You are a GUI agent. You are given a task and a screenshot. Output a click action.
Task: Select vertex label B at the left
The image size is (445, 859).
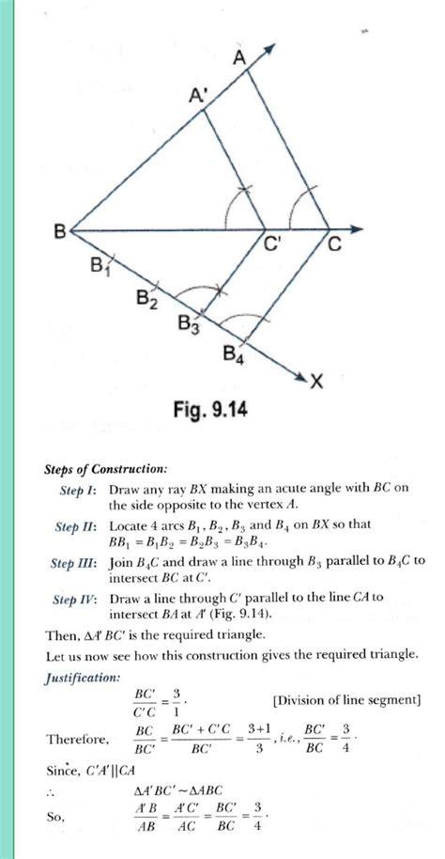point(59,230)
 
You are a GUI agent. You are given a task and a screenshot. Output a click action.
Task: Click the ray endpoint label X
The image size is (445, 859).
point(316,381)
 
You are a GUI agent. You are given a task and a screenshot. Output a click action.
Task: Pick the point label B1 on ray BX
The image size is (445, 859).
point(100,267)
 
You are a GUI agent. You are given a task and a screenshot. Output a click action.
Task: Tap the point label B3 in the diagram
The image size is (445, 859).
point(189,325)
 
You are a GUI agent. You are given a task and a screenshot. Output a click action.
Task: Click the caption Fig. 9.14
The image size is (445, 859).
point(209,411)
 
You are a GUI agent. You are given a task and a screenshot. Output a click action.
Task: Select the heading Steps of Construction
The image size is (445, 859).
point(106,468)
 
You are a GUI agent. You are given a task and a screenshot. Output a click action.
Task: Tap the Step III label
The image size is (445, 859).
point(74,562)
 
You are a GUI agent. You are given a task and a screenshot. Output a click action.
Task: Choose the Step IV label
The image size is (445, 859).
point(75,599)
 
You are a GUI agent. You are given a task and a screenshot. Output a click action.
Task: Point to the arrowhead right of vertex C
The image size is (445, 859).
point(358,228)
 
